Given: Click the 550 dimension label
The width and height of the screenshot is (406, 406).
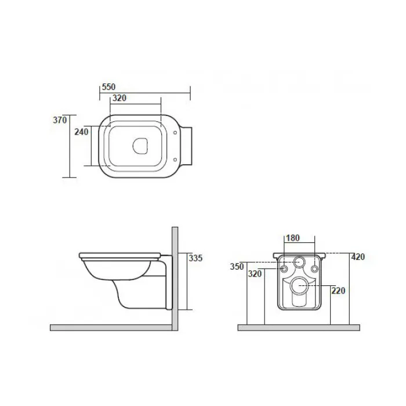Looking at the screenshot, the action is pyautogui.click(x=109, y=87).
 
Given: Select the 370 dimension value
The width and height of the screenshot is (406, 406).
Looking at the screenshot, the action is pyautogui.click(x=60, y=120).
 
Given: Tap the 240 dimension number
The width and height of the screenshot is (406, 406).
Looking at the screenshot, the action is pyautogui.click(x=81, y=132).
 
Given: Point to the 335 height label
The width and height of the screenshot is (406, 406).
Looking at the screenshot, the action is pyautogui.click(x=195, y=258).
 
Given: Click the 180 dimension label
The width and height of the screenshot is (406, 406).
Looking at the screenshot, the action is pyautogui.click(x=293, y=238).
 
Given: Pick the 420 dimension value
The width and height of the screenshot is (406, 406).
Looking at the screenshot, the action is pyautogui.click(x=358, y=257).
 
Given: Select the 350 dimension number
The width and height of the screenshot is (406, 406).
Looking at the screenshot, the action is pyautogui.click(x=237, y=267).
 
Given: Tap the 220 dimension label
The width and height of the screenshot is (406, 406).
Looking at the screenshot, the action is pyautogui.click(x=338, y=291).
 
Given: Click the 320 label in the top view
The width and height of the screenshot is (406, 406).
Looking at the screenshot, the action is pyautogui.click(x=119, y=98).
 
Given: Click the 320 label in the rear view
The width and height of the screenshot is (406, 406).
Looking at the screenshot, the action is pyautogui.click(x=255, y=274).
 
